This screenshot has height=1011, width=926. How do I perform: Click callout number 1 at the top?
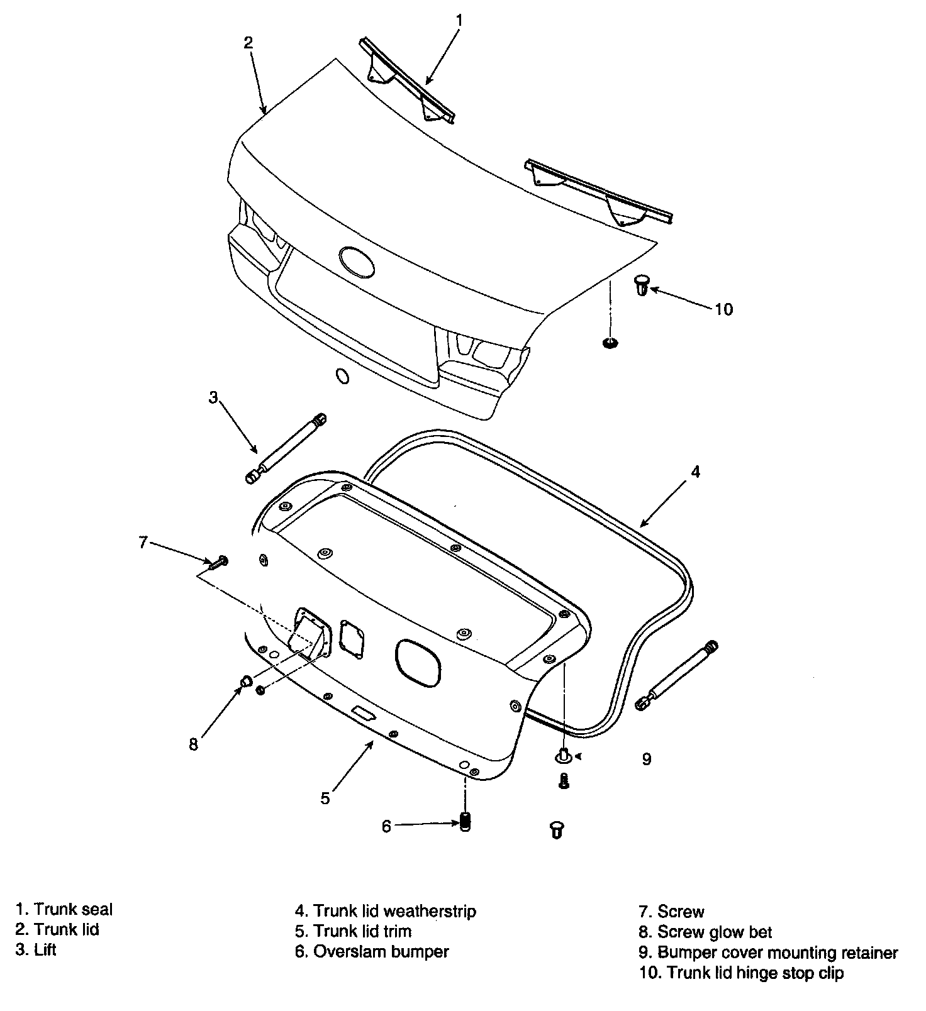(x=459, y=21)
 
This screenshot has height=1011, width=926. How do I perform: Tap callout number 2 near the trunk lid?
(x=248, y=43)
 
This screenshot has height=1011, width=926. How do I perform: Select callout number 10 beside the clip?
(x=723, y=309)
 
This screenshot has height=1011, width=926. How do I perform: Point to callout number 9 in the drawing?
(x=646, y=759)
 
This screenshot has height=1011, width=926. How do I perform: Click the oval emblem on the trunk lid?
(x=357, y=262)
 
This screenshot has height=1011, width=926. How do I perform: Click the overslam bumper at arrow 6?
(x=466, y=822)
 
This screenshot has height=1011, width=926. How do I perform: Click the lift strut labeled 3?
(x=287, y=448)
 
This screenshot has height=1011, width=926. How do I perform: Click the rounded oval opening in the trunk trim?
(x=418, y=663)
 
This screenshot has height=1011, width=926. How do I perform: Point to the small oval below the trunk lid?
(x=343, y=376)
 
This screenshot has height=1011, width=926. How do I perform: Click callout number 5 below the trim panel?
(x=325, y=798)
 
